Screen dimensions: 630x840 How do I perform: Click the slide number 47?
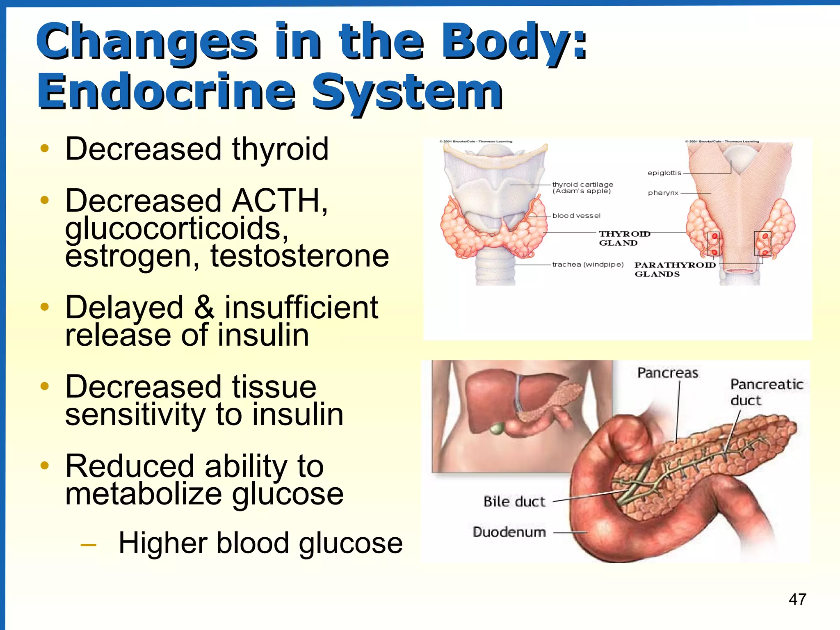797,599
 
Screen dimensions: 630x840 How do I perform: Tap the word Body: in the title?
514,41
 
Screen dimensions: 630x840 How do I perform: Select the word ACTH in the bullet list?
278,201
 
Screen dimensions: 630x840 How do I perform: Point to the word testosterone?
299,256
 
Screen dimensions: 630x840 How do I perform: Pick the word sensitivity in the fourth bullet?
135,414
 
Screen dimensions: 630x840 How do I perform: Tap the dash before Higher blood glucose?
88,545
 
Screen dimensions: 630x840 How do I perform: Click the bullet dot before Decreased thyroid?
45,148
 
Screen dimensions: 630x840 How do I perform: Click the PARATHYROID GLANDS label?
674,269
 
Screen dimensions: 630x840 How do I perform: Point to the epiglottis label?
664,173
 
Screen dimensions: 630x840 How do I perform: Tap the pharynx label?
663,193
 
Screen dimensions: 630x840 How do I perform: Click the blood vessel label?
576,216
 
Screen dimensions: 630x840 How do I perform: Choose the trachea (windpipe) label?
587,265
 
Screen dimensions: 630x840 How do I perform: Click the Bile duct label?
514,502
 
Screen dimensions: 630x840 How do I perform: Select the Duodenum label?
509,532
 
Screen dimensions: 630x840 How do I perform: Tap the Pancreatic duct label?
766,392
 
